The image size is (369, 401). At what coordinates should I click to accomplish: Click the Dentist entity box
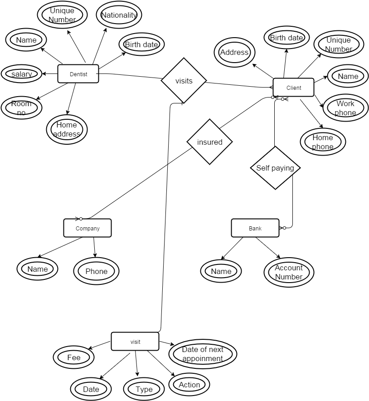[x=78, y=74]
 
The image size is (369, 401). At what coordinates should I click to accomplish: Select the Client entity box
[x=293, y=88]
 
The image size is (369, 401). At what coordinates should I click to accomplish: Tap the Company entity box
[x=87, y=228]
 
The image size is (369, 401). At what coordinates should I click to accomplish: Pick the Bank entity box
[x=255, y=228]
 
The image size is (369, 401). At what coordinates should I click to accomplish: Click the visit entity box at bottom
[x=135, y=342]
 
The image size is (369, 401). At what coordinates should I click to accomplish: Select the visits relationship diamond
[x=184, y=81]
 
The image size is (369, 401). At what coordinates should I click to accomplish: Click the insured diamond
[x=209, y=142]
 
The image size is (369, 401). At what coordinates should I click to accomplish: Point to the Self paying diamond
[x=275, y=168]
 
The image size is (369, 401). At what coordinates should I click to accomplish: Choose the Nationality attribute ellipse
[x=119, y=15]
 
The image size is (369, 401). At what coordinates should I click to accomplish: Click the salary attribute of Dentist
[x=22, y=74]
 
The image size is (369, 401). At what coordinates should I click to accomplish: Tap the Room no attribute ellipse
[x=21, y=108]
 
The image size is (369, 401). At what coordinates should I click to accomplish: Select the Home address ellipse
[x=67, y=129]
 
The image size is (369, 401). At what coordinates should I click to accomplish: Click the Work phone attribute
[x=345, y=108]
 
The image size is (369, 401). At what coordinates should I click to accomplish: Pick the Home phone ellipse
[x=323, y=142]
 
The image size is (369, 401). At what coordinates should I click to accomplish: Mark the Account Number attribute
[x=289, y=272]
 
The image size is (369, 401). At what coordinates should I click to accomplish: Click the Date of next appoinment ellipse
[x=203, y=354]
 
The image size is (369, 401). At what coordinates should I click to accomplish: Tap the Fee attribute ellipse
[x=73, y=357]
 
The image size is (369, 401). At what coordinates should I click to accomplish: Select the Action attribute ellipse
[x=189, y=385]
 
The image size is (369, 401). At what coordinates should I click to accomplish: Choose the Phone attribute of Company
[x=96, y=271]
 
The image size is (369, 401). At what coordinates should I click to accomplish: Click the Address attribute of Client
[x=234, y=52]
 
